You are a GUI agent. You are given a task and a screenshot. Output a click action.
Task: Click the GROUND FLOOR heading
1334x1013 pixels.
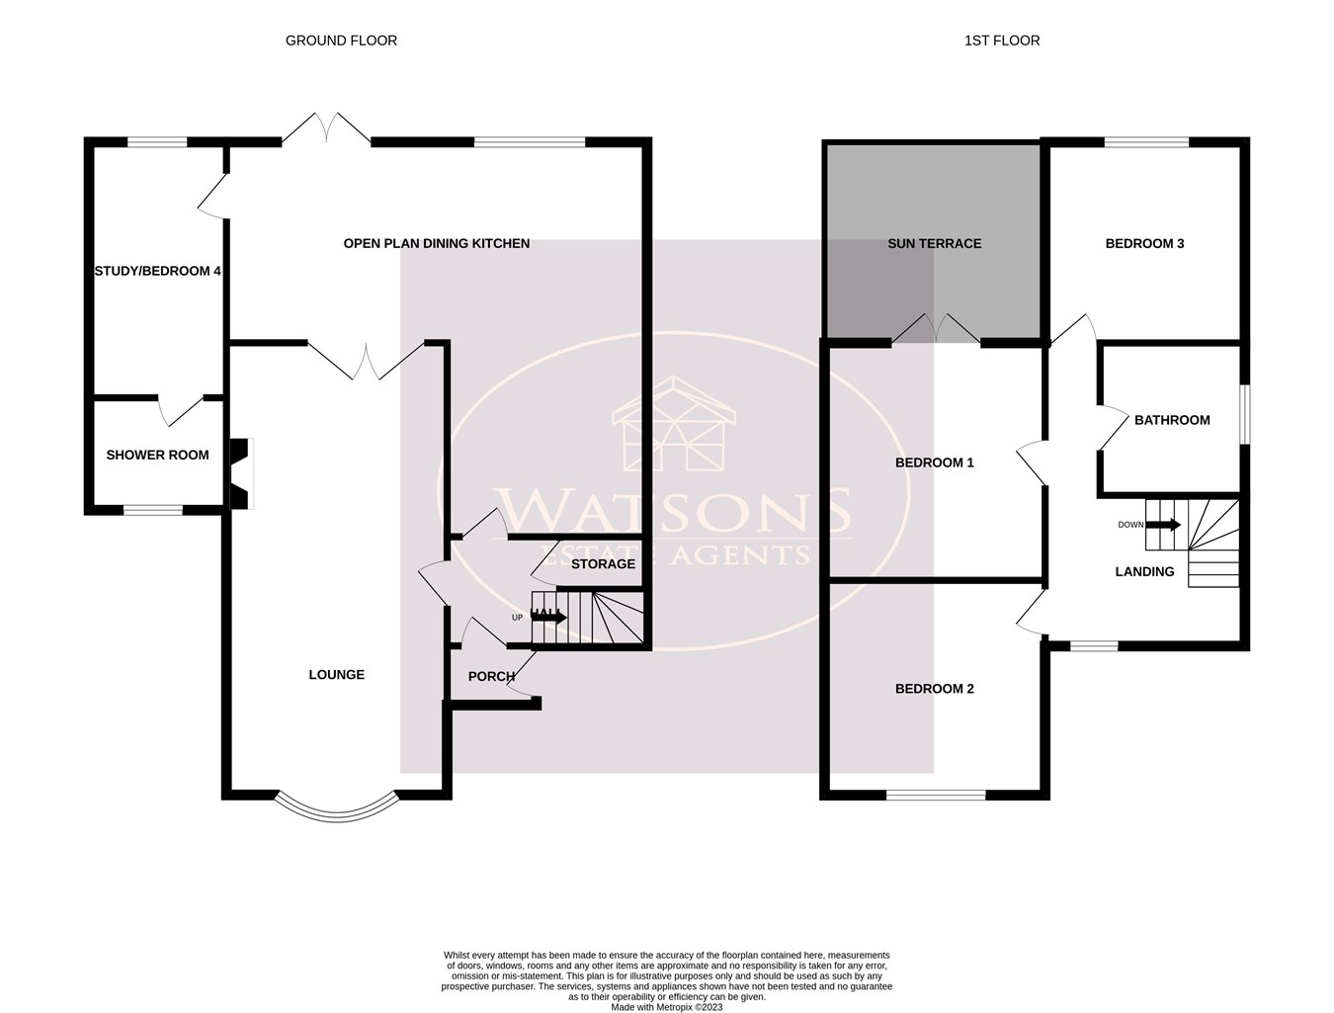point(341,41)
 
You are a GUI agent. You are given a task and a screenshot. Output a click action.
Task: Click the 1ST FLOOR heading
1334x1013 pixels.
point(1002,41)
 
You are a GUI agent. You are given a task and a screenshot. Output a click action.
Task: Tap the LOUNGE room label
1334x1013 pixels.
point(337,675)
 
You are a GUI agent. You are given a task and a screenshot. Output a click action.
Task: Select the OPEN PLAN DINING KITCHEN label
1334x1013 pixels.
point(437,243)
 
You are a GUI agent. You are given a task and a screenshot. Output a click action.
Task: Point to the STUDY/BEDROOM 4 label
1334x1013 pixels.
point(157,271)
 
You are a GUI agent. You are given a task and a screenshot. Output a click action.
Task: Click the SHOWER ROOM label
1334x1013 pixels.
point(157,456)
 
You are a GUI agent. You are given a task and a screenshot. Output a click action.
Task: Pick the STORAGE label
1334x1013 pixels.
point(603,564)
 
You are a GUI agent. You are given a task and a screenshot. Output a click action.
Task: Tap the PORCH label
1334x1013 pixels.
point(491,677)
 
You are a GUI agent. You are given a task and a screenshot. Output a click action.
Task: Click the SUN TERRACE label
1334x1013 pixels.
point(934,243)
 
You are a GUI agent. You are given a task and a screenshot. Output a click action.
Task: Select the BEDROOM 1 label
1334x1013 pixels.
point(934,463)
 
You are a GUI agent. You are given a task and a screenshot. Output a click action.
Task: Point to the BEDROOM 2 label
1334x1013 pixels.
point(934,689)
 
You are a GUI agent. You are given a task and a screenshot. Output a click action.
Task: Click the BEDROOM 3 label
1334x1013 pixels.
point(1144,243)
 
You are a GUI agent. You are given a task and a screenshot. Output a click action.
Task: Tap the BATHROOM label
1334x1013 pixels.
point(1172,420)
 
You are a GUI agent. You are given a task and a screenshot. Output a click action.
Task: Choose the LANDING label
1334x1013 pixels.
point(1144,571)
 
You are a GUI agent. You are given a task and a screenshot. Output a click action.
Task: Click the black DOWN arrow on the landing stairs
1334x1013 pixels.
point(1163,525)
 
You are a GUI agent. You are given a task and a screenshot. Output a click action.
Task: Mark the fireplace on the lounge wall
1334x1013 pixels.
point(241,474)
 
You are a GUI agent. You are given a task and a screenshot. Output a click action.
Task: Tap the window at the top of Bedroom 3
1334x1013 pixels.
point(1146,142)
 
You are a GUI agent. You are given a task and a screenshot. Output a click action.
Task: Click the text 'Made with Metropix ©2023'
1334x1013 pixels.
point(667,1007)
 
